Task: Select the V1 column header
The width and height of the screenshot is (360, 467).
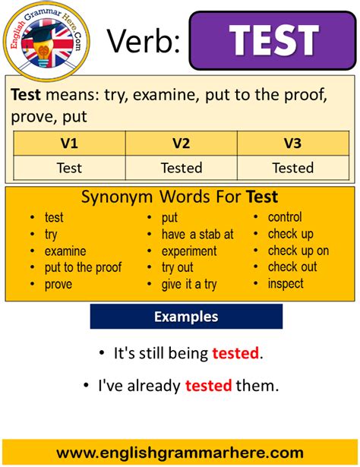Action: coord(69,143)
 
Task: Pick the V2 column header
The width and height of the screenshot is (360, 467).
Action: coord(181,143)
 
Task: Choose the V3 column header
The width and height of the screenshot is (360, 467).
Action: coord(292,143)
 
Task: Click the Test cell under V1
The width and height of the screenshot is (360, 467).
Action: coord(69,168)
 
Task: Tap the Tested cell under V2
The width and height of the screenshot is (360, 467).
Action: coord(181,168)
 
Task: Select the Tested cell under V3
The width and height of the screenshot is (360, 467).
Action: coord(292,168)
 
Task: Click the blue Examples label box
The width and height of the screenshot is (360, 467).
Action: coord(186,317)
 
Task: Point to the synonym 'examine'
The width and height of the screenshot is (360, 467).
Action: coord(65,251)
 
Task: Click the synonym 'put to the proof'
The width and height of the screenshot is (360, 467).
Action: coord(83,267)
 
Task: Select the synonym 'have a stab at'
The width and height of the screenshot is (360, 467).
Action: coord(197,234)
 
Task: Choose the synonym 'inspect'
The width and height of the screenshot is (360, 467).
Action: coord(286,284)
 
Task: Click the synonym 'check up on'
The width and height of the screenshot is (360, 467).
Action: coord(298,251)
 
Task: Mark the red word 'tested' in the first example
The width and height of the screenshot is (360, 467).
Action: coord(235,353)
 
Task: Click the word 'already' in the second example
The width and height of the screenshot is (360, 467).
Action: coord(152,386)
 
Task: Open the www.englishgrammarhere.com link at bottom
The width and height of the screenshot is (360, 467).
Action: coord(180,453)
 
